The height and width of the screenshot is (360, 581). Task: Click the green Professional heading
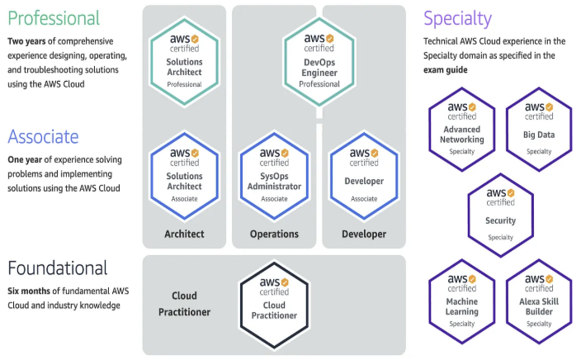[x=54, y=18]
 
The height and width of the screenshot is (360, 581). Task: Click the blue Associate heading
[x=44, y=136]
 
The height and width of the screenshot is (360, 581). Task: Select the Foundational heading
[x=58, y=268]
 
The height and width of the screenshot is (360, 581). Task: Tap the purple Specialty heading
[x=457, y=18]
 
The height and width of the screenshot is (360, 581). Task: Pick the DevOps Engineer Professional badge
[x=319, y=57]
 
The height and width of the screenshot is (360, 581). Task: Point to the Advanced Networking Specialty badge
[x=462, y=128]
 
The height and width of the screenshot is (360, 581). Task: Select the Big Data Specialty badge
[x=539, y=128]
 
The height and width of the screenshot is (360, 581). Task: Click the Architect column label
[x=184, y=234]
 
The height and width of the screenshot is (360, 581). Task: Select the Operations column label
[x=274, y=234]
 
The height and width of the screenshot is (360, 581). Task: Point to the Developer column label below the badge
[x=364, y=234]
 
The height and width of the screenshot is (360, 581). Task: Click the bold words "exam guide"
[x=446, y=70]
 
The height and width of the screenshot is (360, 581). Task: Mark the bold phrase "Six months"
[x=32, y=290]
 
